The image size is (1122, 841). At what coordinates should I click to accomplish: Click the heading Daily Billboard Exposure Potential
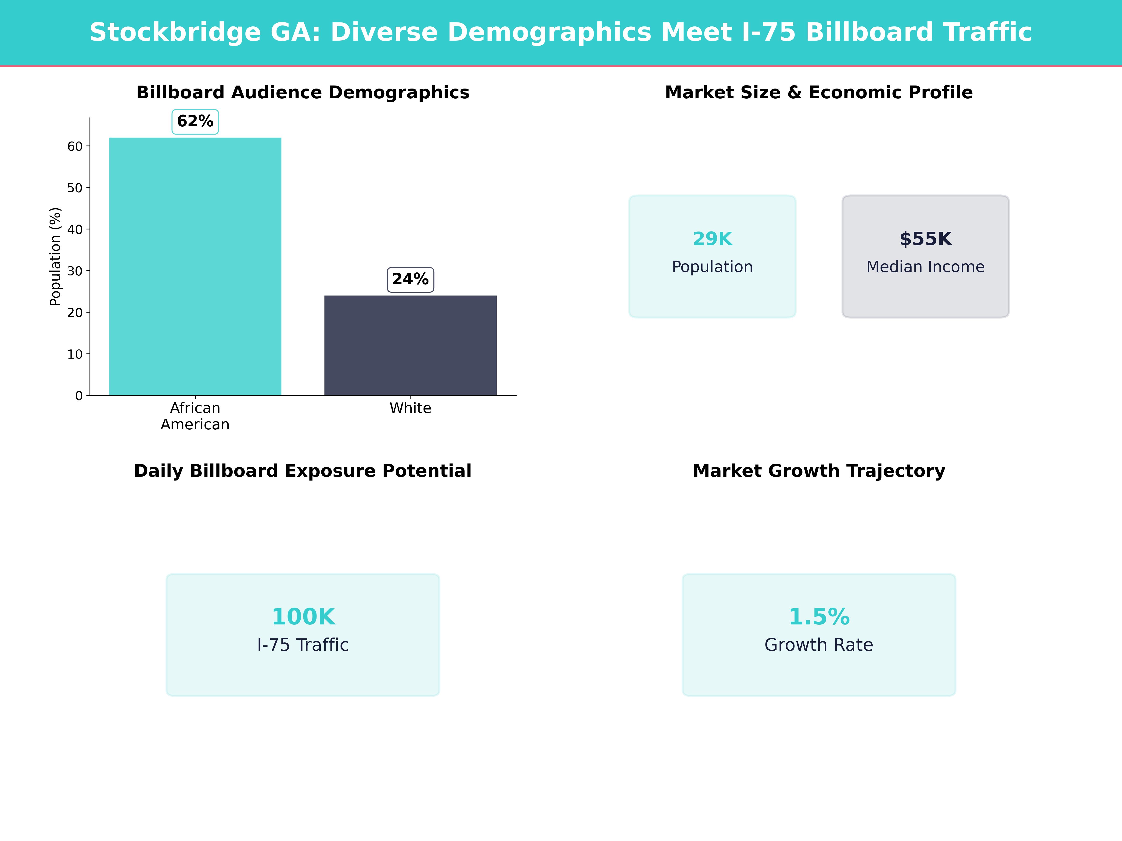click(303, 471)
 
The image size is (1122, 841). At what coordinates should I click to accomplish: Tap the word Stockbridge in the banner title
click(175, 32)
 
